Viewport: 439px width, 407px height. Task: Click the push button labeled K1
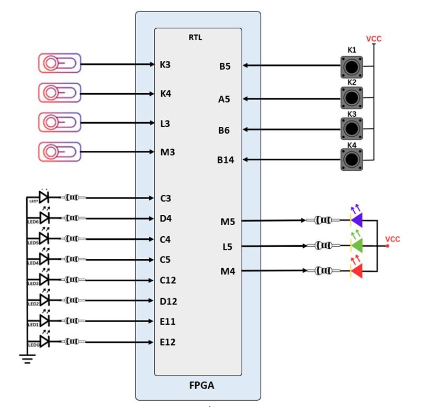(x=352, y=67)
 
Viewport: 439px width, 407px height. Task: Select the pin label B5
(x=225, y=67)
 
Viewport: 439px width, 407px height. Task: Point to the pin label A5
(x=224, y=99)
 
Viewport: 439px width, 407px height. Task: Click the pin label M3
(x=167, y=152)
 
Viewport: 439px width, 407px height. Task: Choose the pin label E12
(x=167, y=342)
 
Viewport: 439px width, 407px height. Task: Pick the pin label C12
(x=168, y=280)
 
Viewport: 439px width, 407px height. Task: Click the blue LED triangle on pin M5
(x=357, y=221)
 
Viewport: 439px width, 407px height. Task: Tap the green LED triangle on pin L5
(x=357, y=245)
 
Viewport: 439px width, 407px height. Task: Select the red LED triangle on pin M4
(x=357, y=271)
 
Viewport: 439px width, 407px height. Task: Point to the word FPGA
(x=201, y=386)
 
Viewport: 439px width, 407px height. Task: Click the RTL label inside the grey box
(x=195, y=37)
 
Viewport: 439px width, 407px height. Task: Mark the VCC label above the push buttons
(x=374, y=39)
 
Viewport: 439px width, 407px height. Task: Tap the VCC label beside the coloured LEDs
(x=392, y=239)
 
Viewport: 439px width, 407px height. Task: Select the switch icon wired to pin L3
(x=60, y=123)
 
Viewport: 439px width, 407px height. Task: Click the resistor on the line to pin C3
(x=73, y=198)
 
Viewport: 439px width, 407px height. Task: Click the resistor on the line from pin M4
(x=321, y=271)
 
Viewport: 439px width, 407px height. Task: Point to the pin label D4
(x=166, y=218)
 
